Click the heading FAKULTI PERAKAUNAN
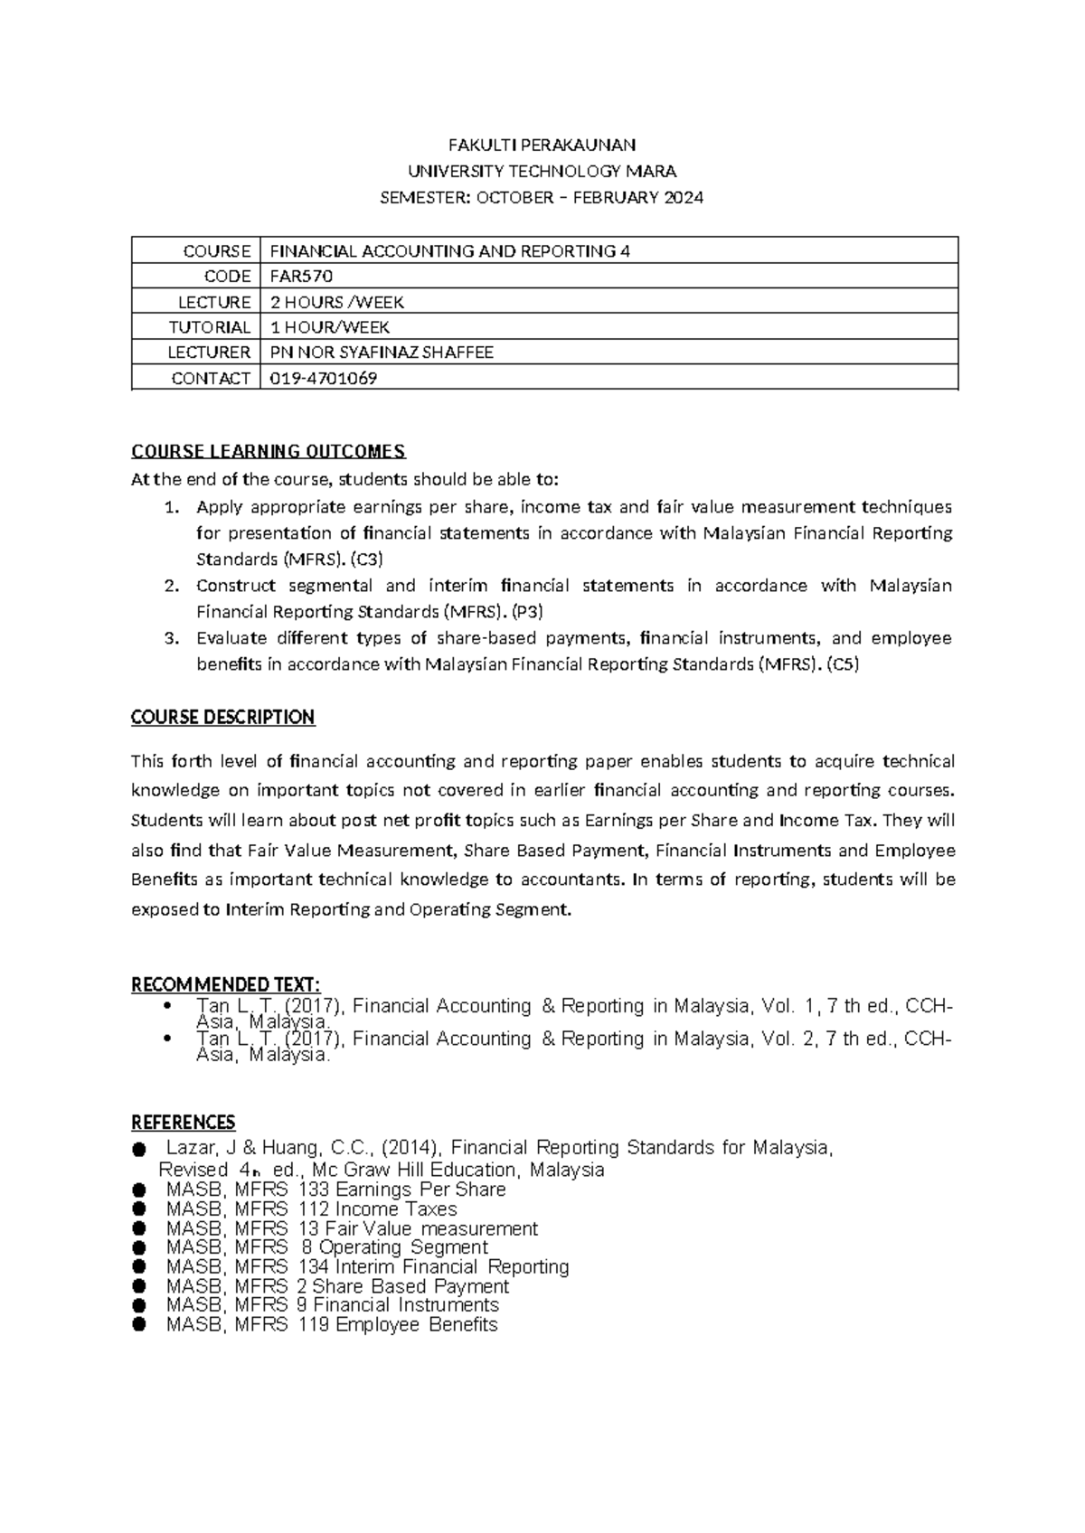542,145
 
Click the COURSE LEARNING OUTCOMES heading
269,451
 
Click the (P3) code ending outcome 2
527,612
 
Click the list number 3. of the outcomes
173,638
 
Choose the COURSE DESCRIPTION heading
222,718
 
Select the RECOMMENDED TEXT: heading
226,984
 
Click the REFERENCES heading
184,1123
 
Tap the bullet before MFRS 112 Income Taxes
138,1209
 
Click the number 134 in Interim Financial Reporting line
312,1266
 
